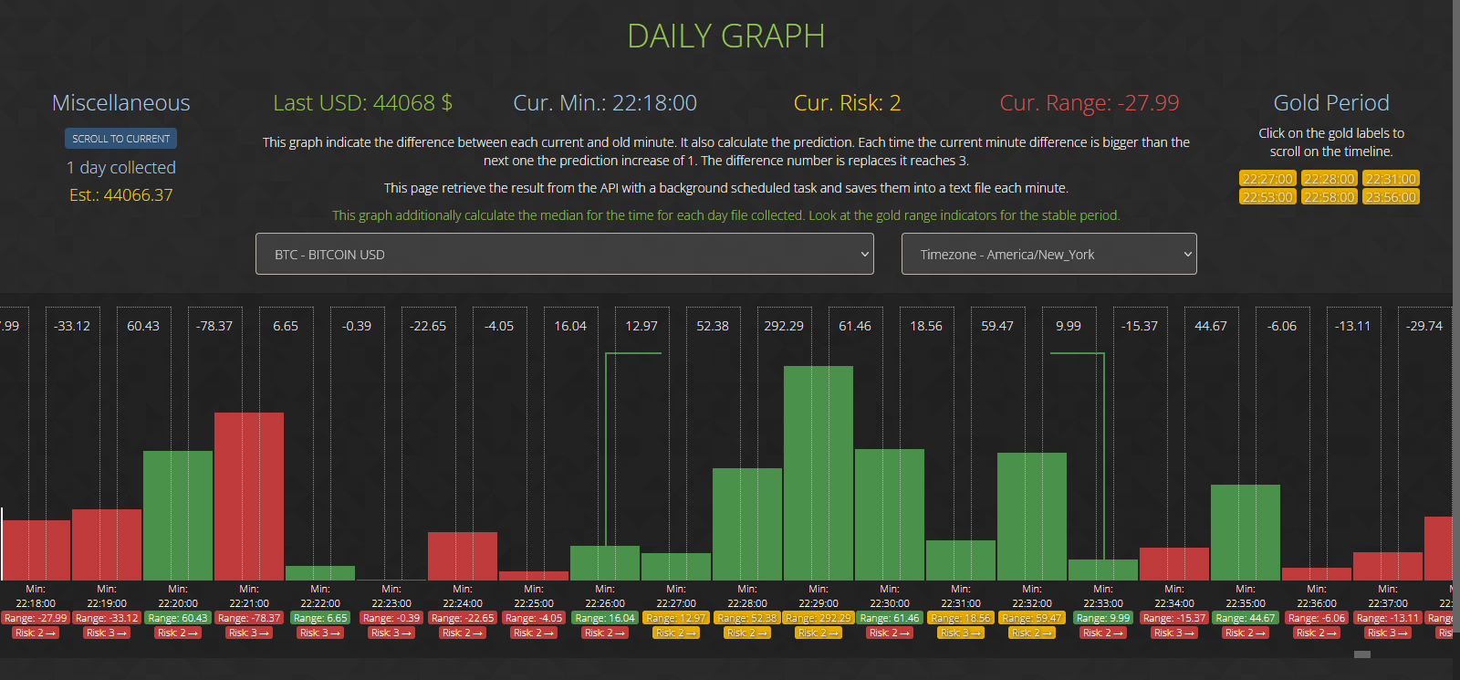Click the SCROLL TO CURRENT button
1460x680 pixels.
pyautogui.click(x=120, y=139)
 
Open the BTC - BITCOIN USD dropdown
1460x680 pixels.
pyautogui.click(x=564, y=254)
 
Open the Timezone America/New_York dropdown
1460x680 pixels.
pyautogui.click(x=1048, y=254)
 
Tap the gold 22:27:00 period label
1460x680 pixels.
pyautogui.click(x=1267, y=179)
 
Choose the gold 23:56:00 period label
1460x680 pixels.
pyautogui.click(x=1391, y=197)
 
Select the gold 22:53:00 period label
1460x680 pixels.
pyautogui.click(x=1267, y=197)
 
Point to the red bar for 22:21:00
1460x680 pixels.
pyautogui.click(x=249, y=497)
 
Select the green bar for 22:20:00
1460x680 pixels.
pyautogui.click(x=178, y=516)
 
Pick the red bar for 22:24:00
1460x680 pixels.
pyautogui.click(x=463, y=556)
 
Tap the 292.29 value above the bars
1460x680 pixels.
pyautogui.click(x=784, y=326)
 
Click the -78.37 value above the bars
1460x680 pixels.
pyautogui.click(x=214, y=326)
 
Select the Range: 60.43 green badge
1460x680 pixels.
pyautogui.click(x=178, y=618)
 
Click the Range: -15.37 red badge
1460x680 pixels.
pyautogui.click(x=1174, y=618)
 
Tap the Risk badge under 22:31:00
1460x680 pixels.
pyautogui.click(x=961, y=633)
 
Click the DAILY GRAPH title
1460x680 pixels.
pyautogui.click(x=726, y=37)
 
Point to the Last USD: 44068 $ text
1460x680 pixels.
pyautogui.click(x=363, y=103)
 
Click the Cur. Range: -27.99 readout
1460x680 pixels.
pyautogui.click(x=1090, y=103)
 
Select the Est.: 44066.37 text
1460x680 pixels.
pyautogui.click(x=121, y=194)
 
